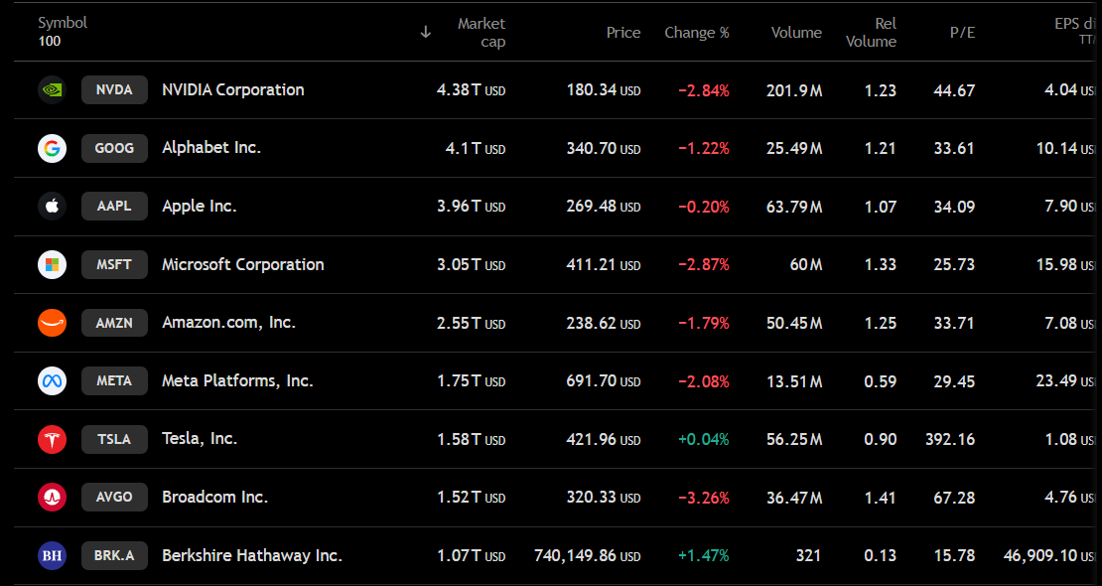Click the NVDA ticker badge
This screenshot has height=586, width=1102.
tap(114, 90)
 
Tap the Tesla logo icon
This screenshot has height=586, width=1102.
tap(52, 440)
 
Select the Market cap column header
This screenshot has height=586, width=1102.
tap(482, 33)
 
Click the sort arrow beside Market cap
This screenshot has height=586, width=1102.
tap(425, 33)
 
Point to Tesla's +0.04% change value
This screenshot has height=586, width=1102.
tap(704, 440)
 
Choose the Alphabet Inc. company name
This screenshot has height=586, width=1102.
tap(211, 148)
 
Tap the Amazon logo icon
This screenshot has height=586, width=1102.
tap(52, 323)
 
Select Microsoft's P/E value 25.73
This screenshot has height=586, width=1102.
tap(954, 264)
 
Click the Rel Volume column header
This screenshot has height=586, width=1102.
tap(871, 33)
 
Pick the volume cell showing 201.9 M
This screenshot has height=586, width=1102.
tap(794, 90)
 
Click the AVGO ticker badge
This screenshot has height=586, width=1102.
tap(114, 497)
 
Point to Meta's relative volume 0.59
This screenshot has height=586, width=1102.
tap(880, 381)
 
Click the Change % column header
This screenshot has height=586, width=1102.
tap(697, 33)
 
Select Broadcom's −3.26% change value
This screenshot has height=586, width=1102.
tap(704, 498)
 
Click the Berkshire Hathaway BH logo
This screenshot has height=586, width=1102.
tap(52, 556)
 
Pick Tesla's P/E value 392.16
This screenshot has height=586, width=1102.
tap(950, 440)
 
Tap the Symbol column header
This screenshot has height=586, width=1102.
tap(63, 23)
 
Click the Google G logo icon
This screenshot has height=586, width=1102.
tap(52, 148)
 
